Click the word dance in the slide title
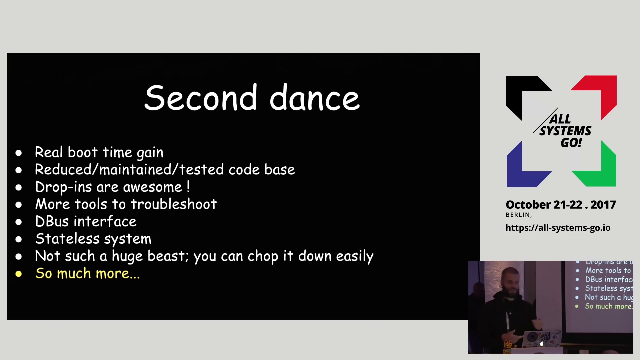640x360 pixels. pyautogui.click(x=315, y=97)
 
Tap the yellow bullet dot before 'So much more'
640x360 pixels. pyautogui.click(x=19, y=274)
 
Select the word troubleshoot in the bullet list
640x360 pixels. pyautogui.click(x=174, y=204)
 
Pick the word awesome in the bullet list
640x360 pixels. pyautogui.click(x=153, y=187)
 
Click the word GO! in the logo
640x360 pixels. pyautogui.click(x=571, y=143)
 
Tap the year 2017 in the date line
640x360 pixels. pyautogui.click(x=603, y=205)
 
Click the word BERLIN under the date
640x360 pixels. pyautogui.click(x=518, y=215)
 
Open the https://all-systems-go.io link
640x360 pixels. pyautogui.click(x=558, y=228)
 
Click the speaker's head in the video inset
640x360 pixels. pyautogui.click(x=511, y=281)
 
